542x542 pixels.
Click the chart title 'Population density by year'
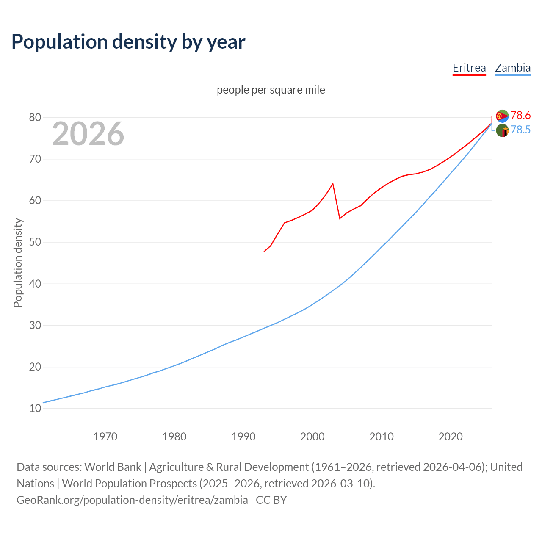(128, 41)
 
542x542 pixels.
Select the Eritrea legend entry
(469, 68)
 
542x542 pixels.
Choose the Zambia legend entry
(513, 68)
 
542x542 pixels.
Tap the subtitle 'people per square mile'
(271, 90)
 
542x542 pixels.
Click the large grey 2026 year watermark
(88, 134)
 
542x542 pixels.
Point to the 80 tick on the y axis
(35, 117)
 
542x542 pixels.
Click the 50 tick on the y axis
(35, 242)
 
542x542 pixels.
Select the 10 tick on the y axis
(35, 409)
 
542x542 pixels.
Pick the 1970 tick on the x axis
(105, 437)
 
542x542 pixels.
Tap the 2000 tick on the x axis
(312, 437)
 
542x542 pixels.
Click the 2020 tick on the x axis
(451, 437)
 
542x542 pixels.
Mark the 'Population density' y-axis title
(18, 263)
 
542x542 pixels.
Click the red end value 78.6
(520, 115)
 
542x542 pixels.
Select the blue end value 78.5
(520, 130)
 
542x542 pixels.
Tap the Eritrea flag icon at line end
(502, 116)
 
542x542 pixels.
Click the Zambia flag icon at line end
(502, 130)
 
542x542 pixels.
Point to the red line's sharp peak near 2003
(333, 183)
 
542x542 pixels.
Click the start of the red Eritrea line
(264, 252)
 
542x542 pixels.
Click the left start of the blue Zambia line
(44, 402)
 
